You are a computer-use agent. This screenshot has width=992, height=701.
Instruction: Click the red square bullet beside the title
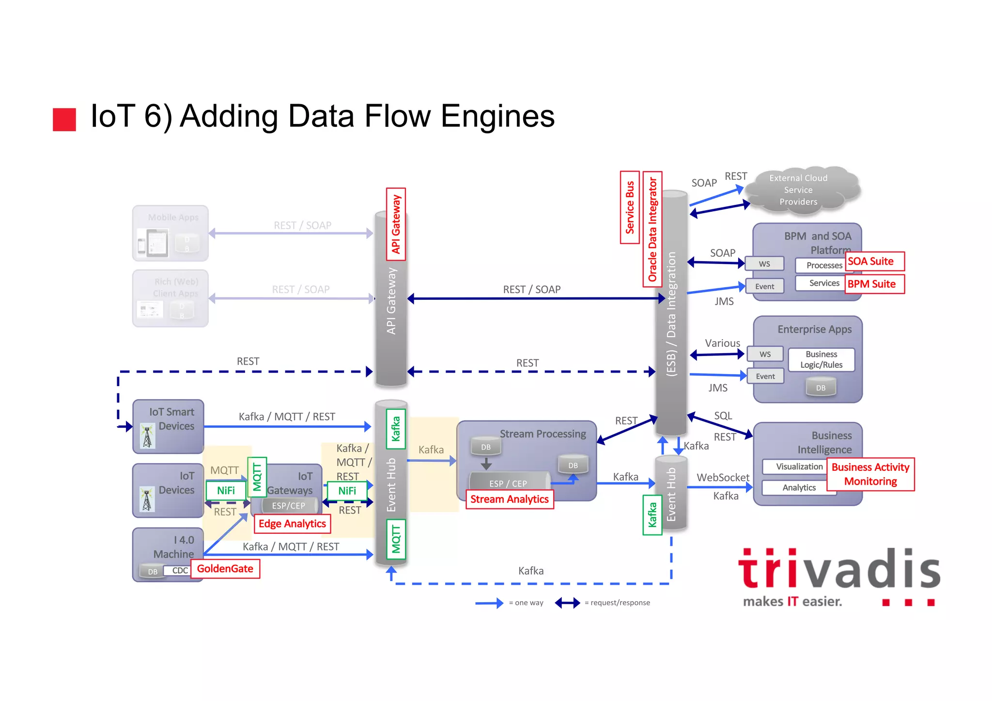point(64,120)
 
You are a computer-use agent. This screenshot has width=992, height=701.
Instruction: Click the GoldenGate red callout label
point(225,569)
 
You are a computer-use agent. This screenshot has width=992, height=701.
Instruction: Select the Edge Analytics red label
point(292,524)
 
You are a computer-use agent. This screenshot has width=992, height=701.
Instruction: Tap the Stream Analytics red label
point(509,499)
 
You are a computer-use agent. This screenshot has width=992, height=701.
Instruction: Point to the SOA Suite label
point(874,262)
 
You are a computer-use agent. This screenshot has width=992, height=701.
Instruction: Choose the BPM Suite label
point(874,284)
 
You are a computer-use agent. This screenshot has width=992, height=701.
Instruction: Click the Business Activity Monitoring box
point(870,474)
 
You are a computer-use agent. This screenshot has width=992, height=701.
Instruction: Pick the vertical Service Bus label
point(630,207)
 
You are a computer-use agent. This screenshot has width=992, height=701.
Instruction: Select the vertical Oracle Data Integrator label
point(652,229)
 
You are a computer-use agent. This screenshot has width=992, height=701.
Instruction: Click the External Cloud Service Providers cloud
point(801,190)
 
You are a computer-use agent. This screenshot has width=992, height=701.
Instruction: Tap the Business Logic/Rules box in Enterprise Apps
point(821,359)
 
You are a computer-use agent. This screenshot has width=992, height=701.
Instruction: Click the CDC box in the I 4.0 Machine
point(180,571)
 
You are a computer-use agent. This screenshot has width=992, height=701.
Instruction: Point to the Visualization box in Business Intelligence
point(799,467)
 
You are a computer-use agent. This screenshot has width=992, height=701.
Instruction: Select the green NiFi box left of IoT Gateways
point(226,490)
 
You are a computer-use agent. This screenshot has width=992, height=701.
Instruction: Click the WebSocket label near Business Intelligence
point(723,478)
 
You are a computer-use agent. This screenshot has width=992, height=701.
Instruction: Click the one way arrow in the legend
point(489,603)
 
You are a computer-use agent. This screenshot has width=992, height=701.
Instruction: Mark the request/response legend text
point(617,603)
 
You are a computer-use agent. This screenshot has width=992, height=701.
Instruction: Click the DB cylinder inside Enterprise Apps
point(821,388)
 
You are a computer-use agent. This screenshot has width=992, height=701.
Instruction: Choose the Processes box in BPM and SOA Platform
point(824,265)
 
